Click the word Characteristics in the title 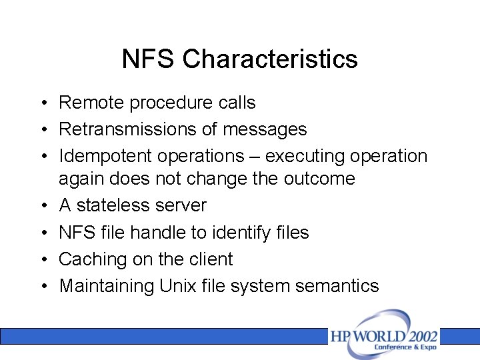[270, 59]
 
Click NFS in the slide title [149, 59]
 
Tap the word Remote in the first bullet [92, 103]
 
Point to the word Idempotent [105, 156]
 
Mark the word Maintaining [107, 286]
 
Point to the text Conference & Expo [405, 347]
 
